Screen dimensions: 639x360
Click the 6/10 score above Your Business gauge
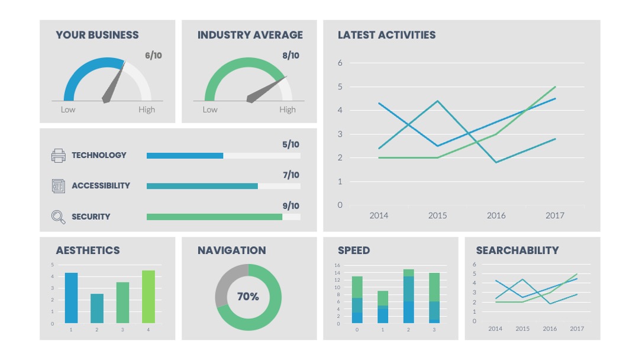(153, 56)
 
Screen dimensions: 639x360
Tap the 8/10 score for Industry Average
(291, 56)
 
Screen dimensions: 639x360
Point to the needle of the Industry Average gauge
(266, 89)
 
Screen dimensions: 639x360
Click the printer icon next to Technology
(58, 155)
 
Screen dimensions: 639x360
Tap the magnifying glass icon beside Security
(58, 217)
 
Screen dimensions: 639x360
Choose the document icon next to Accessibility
(58, 186)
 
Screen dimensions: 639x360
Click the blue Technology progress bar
(185, 156)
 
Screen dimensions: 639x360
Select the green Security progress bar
(214, 217)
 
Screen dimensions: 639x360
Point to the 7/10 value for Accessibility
(291, 175)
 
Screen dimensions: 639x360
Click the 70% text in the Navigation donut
(248, 297)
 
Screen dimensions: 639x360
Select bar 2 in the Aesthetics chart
(97, 308)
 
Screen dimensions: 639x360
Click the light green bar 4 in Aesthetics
(149, 297)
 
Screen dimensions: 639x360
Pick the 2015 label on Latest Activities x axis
(437, 216)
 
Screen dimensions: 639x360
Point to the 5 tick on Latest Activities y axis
(340, 86)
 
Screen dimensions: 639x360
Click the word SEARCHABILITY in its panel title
(517, 250)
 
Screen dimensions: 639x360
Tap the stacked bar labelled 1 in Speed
(383, 307)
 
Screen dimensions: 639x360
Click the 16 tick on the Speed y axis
(337, 265)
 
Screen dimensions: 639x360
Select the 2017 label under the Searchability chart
(577, 329)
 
